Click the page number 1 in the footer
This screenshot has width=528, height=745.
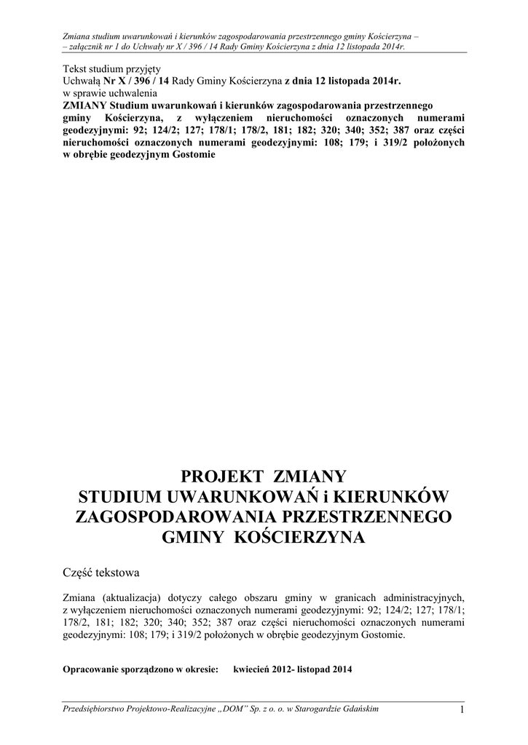pos(462,710)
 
